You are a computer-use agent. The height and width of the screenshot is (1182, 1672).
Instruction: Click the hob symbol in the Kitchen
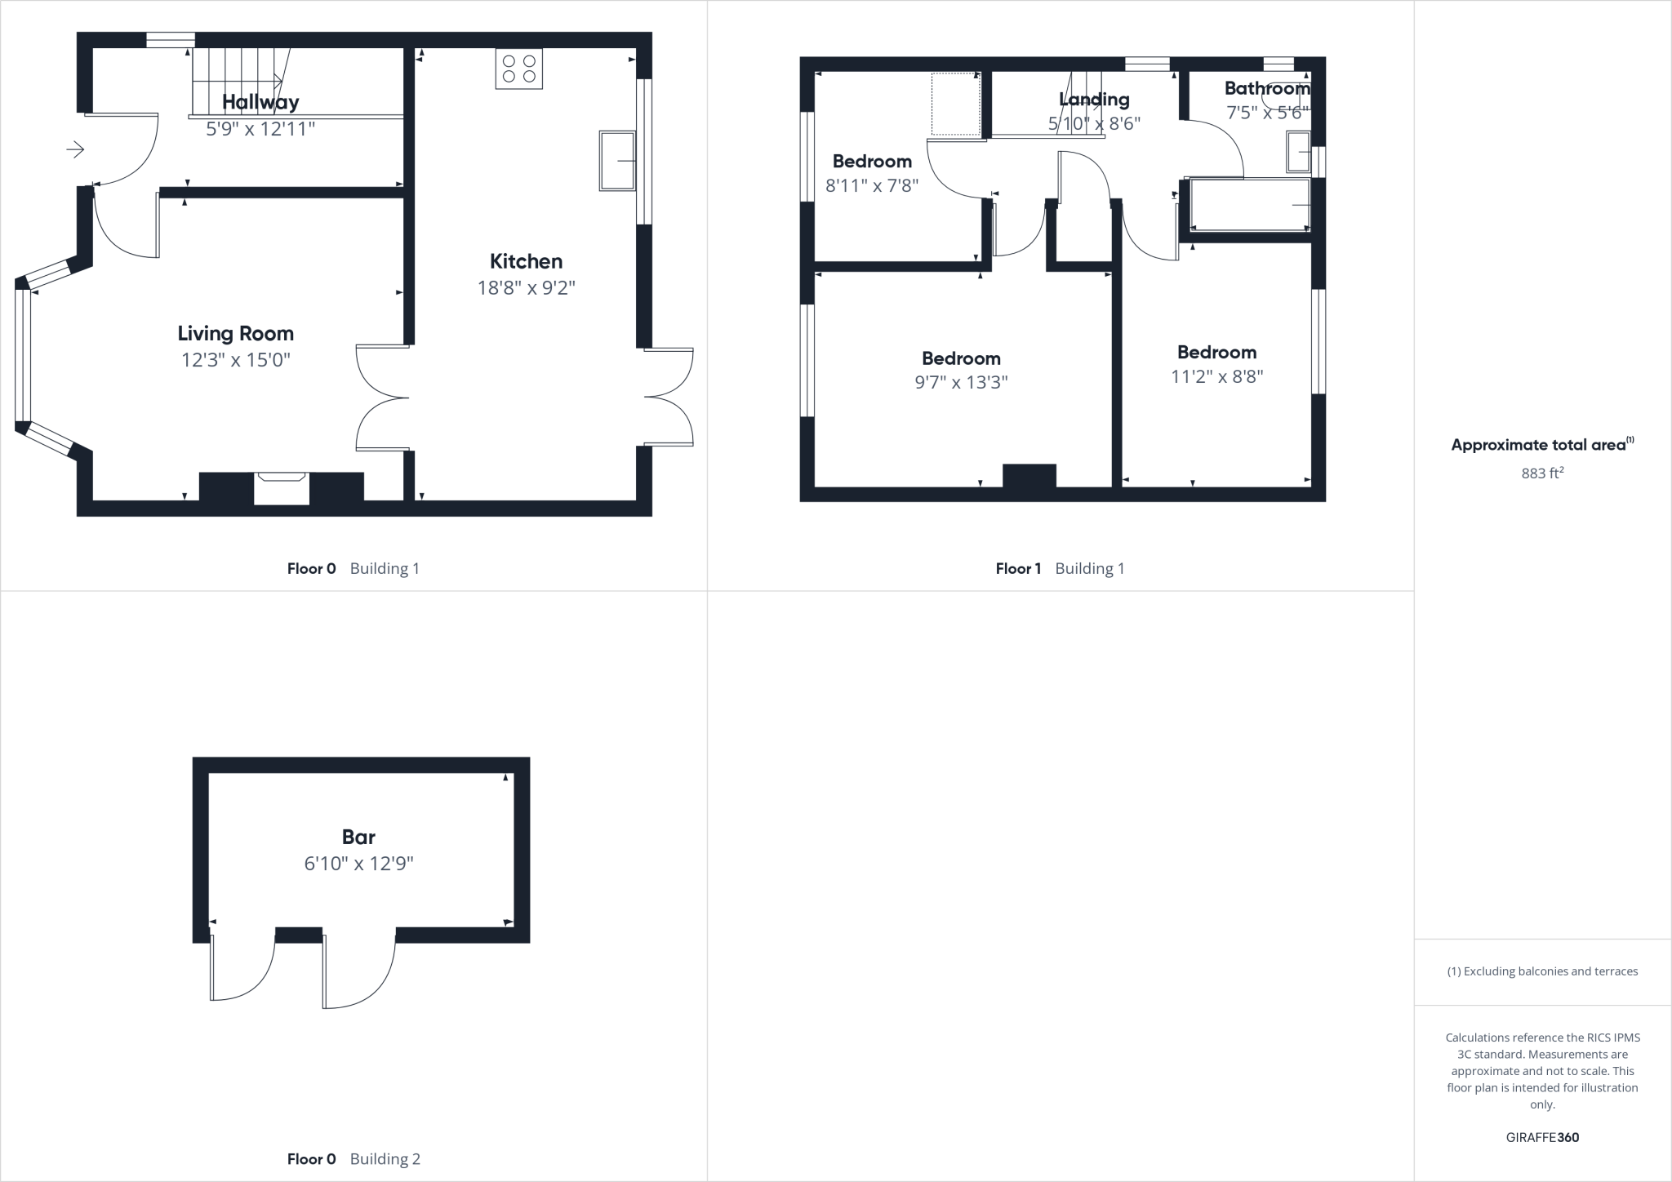(519, 69)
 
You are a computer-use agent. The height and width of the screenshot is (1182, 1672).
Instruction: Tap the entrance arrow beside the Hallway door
(75, 149)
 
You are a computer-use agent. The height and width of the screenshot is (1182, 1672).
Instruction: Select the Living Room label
(235, 333)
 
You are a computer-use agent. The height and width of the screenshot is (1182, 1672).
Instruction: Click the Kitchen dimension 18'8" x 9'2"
(527, 287)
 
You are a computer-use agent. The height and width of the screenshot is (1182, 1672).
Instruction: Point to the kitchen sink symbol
(617, 161)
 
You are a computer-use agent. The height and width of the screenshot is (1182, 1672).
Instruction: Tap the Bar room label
(358, 837)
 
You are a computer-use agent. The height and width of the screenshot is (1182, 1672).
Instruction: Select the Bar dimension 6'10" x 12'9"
(358, 864)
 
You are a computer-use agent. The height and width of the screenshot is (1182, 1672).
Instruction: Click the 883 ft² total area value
(1542, 473)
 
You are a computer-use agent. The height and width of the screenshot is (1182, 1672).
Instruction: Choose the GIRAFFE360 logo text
(1542, 1137)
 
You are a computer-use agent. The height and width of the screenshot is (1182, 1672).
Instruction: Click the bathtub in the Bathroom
(1249, 204)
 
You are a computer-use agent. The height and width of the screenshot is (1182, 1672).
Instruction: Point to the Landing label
(1094, 100)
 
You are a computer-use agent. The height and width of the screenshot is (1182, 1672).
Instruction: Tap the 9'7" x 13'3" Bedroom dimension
(961, 382)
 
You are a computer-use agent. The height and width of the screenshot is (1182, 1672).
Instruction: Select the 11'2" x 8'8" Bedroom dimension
(1216, 376)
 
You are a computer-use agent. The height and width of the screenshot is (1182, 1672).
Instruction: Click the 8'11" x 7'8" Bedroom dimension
(872, 186)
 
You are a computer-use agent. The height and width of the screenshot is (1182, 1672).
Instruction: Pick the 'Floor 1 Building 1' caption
(1060, 568)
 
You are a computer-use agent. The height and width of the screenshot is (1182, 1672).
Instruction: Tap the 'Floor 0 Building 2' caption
(354, 1158)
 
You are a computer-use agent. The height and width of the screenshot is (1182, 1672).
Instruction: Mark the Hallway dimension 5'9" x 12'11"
(260, 128)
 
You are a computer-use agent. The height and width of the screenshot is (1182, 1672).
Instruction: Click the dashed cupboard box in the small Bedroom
(956, 104)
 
